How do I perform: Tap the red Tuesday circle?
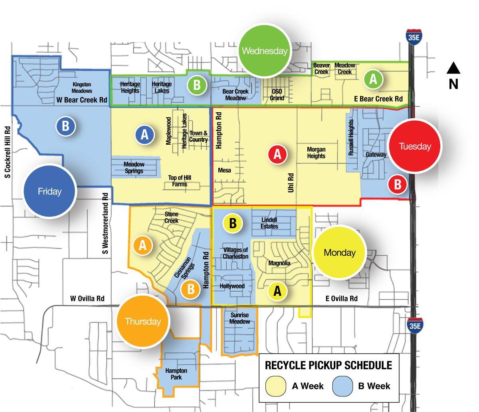tap(415, 146)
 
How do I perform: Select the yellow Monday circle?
tap(339, 252)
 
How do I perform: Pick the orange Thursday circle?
tap(143, 321)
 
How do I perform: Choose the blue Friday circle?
tap(49, 191)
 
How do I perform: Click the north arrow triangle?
tap(453, 69)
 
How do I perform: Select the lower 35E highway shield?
tap(415, 326)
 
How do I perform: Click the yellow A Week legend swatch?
tap(276, 386)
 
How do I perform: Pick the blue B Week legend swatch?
tap(342, 386)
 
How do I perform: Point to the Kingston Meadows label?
tap(82, 88)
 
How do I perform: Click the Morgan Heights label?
tap(316, 153)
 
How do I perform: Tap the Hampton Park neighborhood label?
tap(176, 374)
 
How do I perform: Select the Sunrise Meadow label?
tap(239, 318)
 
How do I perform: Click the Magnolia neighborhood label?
tap(279, 263)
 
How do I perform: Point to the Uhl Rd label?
tap(291, 183)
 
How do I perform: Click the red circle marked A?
tap(277, 154)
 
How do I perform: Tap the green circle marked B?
tap(197, 85)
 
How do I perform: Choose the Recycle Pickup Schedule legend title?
tap(329, 365)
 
